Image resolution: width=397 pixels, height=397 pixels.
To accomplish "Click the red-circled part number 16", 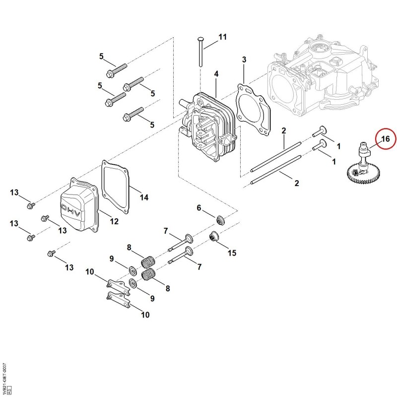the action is [385, 139].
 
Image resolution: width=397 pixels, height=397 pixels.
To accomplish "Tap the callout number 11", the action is [222, 37].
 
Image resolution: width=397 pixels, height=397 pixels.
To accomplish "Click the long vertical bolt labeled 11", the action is [200, 52].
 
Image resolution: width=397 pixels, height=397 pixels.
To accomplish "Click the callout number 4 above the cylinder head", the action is [216, 74].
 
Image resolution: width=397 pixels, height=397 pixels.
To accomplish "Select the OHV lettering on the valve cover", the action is [71, 210].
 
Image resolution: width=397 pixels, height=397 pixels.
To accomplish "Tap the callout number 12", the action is [114, 221].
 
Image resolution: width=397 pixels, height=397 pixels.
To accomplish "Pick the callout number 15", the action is [232, 253].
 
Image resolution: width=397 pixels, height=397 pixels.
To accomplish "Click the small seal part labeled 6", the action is [221, 220].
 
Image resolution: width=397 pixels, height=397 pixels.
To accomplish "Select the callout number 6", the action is [199, 208].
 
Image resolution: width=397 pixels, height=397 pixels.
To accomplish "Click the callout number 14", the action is [144, 197].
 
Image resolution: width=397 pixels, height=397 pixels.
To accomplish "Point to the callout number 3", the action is [244, 60].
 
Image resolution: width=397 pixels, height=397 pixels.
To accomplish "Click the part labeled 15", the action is [214, 237].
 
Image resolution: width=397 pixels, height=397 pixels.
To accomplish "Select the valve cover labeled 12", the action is [79, 204].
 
